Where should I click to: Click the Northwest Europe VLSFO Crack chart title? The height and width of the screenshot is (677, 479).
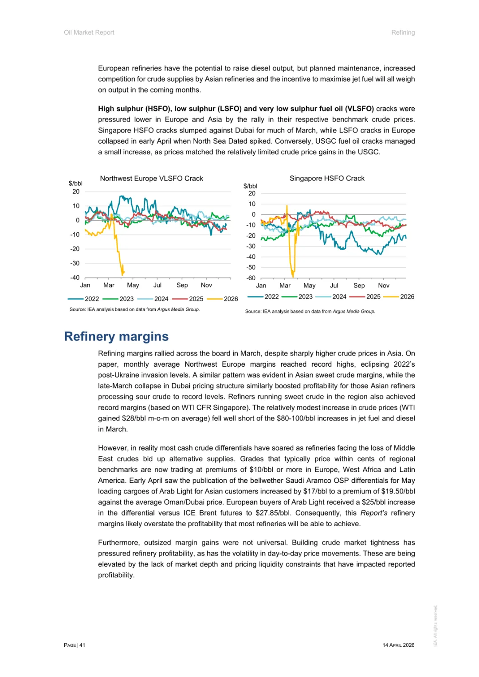[151, 178]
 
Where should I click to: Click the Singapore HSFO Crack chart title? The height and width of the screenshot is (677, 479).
[327, 178]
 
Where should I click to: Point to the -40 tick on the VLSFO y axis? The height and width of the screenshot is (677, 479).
[75, 278]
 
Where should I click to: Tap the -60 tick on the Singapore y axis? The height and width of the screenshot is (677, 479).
[251, 278]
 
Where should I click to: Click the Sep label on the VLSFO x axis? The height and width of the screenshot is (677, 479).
[182, 285]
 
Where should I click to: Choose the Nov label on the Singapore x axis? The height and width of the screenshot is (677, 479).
[384, 286]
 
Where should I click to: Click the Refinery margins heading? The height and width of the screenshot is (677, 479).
[116, 337]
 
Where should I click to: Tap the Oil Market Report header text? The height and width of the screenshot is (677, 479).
[89, 32]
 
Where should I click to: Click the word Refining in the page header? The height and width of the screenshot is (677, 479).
[403, 32]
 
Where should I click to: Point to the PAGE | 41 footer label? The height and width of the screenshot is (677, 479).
[75, 645]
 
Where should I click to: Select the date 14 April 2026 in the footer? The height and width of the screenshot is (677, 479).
[398, 645]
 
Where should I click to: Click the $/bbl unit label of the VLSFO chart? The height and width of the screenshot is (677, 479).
[75, 183]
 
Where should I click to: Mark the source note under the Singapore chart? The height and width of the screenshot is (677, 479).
[310, 311]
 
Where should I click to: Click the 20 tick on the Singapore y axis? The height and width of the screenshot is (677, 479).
[252, 193]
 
